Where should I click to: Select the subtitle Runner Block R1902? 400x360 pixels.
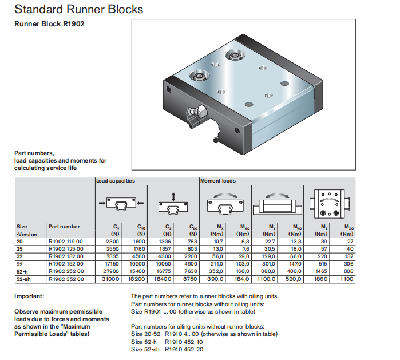[x=50, y=26]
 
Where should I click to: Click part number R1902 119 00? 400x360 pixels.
[x=66, y=242]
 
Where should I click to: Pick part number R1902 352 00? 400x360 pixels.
[x=66, y=279]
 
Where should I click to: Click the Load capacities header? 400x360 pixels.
[x=116, y=181]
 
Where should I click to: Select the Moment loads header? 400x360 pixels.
[x=217, y=181]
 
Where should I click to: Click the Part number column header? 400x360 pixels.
[x=65, y=227]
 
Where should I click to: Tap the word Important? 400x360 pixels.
[x=29, y=296]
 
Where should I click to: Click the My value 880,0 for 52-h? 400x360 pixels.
[x=268, y=271]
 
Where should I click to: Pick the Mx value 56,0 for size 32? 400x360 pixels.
[x=217, y=256]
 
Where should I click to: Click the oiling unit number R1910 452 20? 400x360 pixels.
[x=184, y=349]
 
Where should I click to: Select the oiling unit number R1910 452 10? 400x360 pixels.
[x=184, y=342]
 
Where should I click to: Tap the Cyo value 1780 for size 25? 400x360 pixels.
[x=139, y=249]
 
